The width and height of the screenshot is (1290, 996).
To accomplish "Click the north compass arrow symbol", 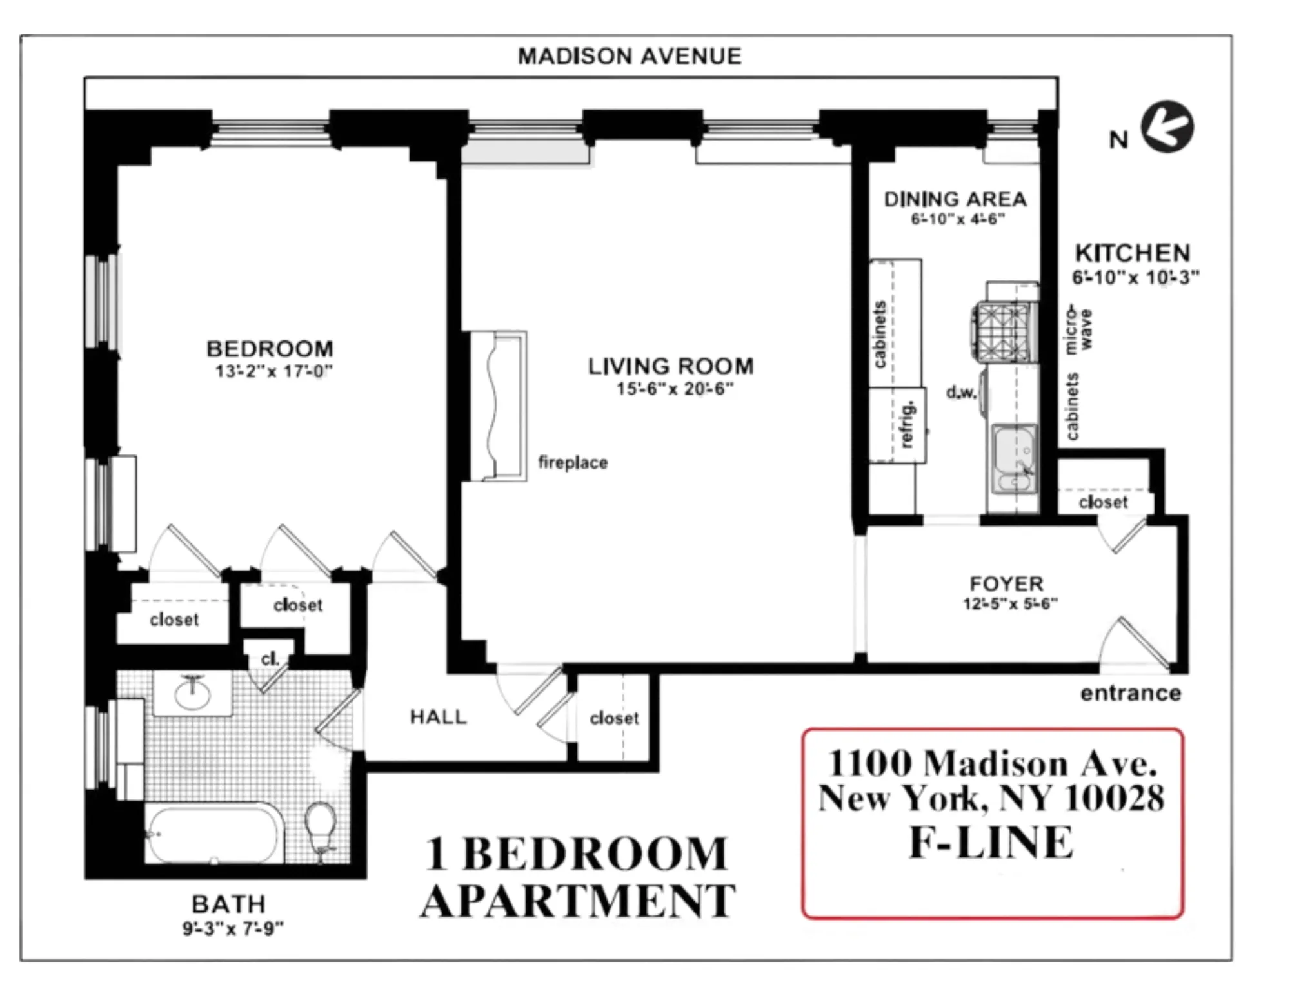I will pos(1167,127).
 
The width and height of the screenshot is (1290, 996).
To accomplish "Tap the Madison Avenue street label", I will pos(630,57).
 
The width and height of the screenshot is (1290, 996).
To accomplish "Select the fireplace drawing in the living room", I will pos(497,405).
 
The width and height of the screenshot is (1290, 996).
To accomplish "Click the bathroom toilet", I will pos(321,828).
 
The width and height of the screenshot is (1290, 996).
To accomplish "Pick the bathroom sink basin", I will pos(192,694).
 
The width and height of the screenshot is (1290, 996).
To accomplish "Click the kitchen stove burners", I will pos(1004,333).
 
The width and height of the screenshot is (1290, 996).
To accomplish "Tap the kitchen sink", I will pos(1014,458).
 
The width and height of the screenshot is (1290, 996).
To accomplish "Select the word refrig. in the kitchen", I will pos(907,424).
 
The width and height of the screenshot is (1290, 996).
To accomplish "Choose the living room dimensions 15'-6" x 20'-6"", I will pos(675,389).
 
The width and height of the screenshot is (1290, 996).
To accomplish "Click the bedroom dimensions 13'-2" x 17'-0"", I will pos(273,372).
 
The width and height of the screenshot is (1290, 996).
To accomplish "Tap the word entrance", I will pos(1131,694).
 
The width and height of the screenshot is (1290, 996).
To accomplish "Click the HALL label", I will pos(438,717).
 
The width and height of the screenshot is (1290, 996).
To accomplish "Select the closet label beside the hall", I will pos(613,718).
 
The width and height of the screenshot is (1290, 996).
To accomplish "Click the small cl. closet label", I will pos(270,659).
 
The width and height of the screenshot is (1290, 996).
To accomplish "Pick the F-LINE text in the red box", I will pos(991,843).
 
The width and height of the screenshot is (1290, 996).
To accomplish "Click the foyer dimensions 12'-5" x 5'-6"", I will pos(1010,604).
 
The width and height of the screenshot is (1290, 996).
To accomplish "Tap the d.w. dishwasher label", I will pos(961,392).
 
